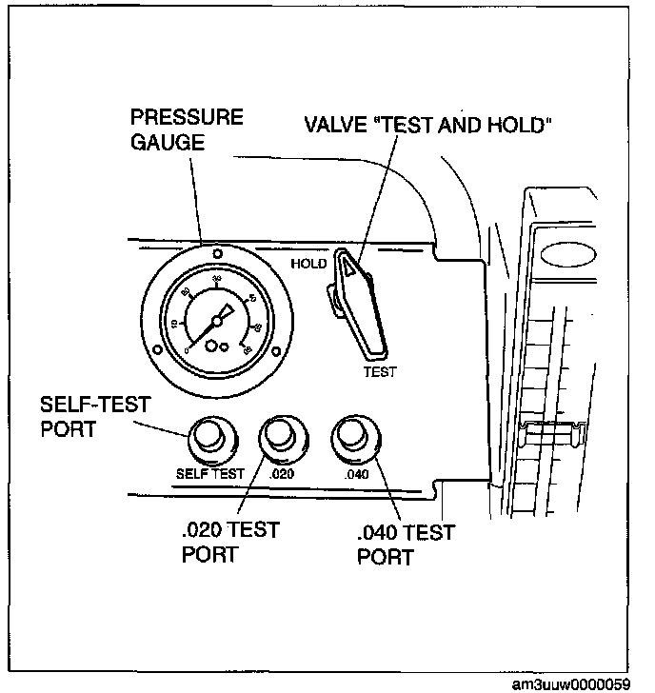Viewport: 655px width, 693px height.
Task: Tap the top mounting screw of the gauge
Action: pos(218,254)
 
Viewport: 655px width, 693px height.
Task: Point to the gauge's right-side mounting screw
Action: pos(276,350)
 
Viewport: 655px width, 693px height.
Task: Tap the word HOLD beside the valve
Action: pos(309,263)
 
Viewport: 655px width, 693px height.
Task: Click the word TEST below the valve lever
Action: pos(380,371)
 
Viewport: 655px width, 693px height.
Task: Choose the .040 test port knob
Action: pos(351,437)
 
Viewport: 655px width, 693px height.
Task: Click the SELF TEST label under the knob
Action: pos(210,473)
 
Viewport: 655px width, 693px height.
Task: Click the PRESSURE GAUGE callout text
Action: pos(187,129)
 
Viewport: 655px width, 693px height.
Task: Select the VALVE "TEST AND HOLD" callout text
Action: pos(427,126)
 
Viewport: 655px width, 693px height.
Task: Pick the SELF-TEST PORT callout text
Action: pos(94,416)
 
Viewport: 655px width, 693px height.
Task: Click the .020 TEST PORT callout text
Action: pos(230,542)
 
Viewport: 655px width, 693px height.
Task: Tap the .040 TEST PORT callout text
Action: pos(405,544)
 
